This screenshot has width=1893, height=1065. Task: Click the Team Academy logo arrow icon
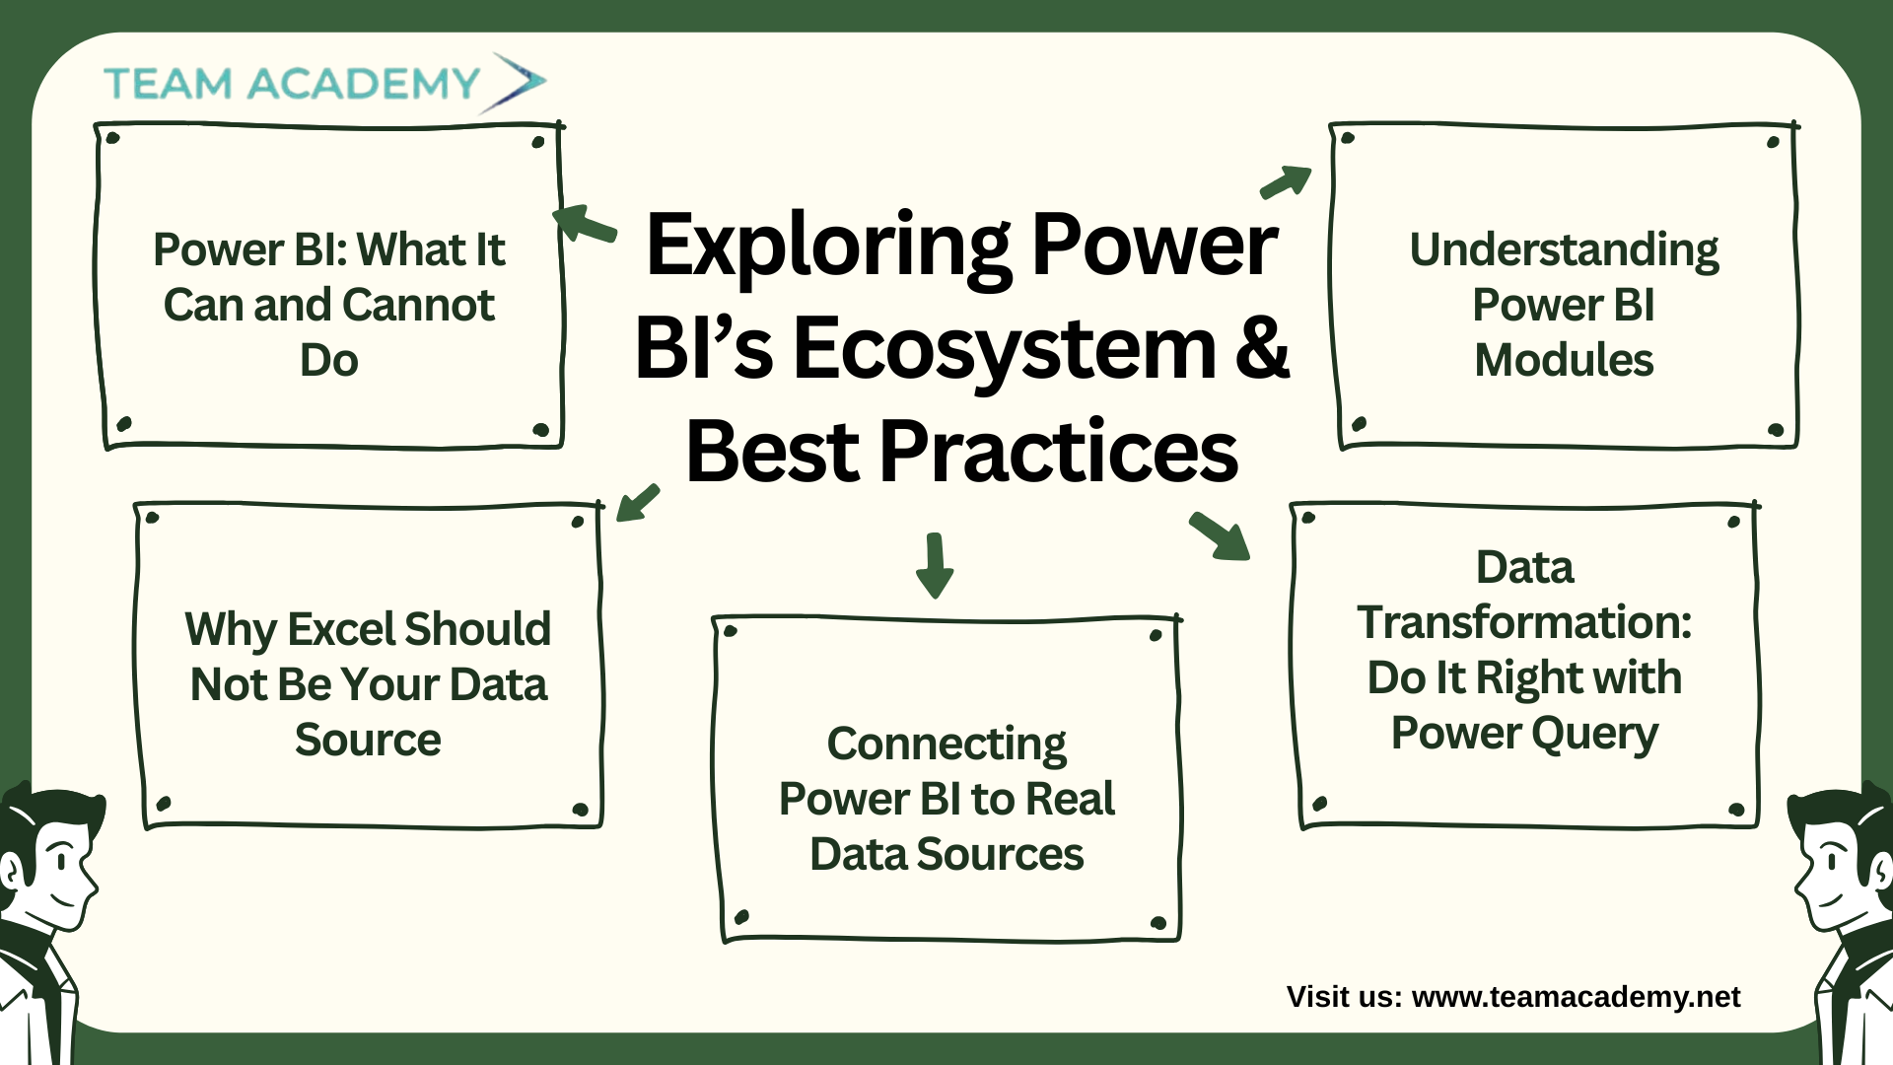(x=515, y=82)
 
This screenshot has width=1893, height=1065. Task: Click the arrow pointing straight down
(x=934, y=565)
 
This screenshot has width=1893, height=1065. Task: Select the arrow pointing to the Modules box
(x=1287, y=181)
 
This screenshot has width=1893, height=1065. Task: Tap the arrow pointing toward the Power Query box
(x=1221, y=536)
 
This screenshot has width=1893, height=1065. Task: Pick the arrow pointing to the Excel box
(x=637, y=502)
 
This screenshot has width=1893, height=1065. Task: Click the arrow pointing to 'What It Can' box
(x=585, y=223)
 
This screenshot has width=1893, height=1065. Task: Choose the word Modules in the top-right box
(x=1564, y=360)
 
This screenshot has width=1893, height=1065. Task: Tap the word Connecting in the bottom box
(x=946, y=745)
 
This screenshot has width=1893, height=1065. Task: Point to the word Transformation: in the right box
(x=1524, y=622)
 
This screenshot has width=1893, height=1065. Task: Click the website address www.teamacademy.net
(x=1576, y=997)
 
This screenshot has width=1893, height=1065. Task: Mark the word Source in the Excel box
(x=368, y=740)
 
